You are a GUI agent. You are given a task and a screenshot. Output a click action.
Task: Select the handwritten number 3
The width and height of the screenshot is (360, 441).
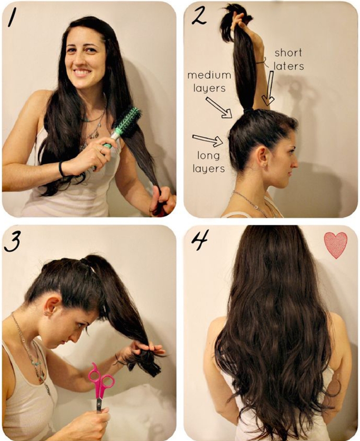coord(12,242)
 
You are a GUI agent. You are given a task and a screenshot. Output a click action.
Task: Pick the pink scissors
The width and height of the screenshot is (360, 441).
coord(100,387)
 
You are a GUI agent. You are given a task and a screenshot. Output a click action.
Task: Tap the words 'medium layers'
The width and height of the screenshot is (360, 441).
coord(209,82)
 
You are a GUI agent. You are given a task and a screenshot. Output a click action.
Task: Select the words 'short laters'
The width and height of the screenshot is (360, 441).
coord(288,60)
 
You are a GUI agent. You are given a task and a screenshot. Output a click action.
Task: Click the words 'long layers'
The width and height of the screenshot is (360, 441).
coord(209,162)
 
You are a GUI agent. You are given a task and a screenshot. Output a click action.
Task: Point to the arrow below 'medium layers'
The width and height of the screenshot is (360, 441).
coord(219,107)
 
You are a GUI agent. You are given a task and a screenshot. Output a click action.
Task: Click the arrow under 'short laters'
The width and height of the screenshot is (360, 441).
coord(269,88)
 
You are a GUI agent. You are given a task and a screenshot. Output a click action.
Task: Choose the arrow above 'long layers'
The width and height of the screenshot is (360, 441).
coord(207,140)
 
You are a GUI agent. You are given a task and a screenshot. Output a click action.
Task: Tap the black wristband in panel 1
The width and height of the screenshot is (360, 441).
coord(61,169)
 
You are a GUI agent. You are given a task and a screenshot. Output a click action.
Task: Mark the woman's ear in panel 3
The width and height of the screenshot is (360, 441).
coord(51,307)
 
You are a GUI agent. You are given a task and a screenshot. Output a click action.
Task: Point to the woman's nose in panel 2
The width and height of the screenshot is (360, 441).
coord(295,163)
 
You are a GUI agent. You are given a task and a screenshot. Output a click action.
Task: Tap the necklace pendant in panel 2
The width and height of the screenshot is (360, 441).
coord(256,207)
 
